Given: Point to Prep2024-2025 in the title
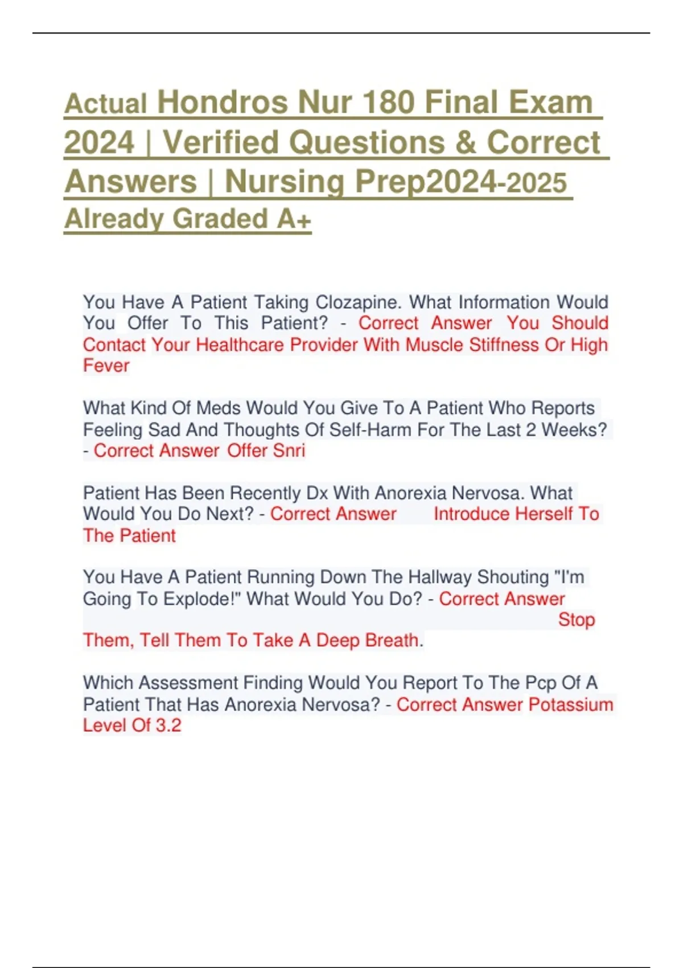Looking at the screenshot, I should point(461,182).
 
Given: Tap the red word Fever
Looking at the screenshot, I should point(106,366).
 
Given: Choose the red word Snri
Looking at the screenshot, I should point(289,450).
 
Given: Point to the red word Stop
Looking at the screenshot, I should point(576,620).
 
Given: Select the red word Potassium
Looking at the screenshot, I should point(571,704).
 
